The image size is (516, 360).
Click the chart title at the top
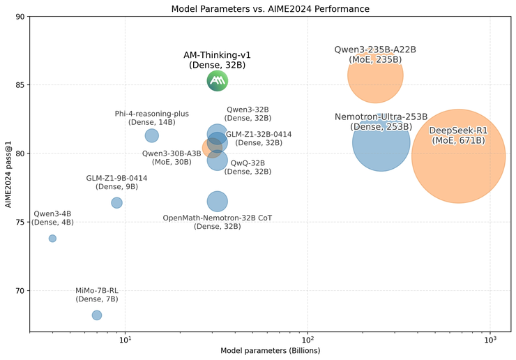(x=271, y=8)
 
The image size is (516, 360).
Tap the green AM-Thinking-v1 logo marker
(x=218, y=81)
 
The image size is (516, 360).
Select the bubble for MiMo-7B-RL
(x=97, y=315)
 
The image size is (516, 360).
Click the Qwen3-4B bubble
(x=52, y=239)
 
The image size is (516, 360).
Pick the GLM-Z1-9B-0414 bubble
(x=116, y=202)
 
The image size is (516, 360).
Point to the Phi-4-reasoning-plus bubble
(x=151, y=135)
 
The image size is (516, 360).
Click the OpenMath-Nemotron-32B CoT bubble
(x=218, y=202)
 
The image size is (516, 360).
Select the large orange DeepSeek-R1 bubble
(x=458, y=156)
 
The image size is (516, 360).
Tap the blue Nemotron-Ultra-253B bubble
(x=381, y=142)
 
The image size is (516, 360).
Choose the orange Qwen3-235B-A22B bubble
(x=376, y=75)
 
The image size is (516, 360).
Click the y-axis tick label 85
(x=20, y=85)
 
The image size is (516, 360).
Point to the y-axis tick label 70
(x=20, y=291)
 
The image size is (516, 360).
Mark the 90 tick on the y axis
(x=20, y=17)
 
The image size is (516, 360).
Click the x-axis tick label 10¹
(x=125, y=340)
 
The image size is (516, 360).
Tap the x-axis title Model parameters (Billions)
(x=271, y=351)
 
